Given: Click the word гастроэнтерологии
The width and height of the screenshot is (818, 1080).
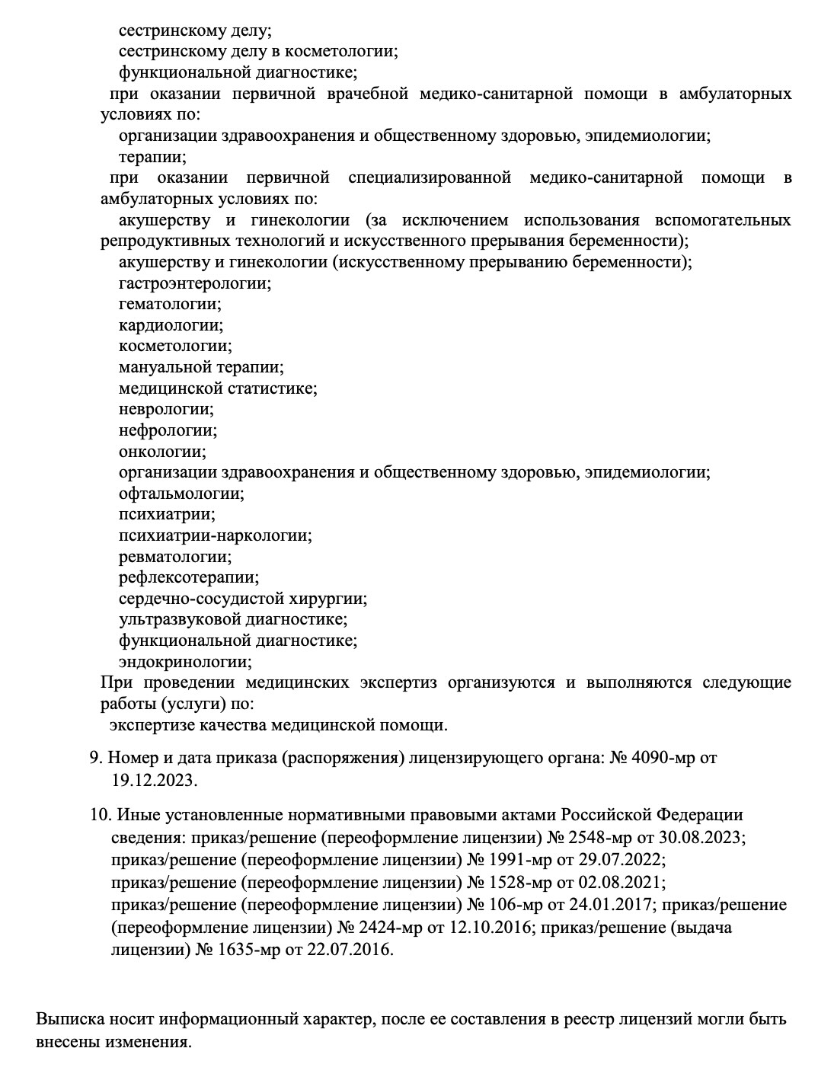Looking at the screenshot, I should click(x=194, y=283).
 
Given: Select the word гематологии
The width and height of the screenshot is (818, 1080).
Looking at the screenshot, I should click(x=169, y=305).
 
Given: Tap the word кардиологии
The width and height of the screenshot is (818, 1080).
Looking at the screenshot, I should click(x=171, y=325).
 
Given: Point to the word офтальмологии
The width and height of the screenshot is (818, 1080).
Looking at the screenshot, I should click(x=181, y=494).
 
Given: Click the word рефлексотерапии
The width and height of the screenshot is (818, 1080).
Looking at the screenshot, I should click(x=188, y=577).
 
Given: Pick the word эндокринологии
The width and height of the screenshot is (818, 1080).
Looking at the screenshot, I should click(x=185, y=662).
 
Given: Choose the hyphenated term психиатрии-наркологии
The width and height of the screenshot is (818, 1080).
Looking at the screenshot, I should click(x=215, y=535).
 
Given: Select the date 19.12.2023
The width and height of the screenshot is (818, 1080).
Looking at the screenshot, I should click(x=153, y=781).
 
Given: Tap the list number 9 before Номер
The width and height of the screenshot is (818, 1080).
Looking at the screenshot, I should click(x=95, y=758).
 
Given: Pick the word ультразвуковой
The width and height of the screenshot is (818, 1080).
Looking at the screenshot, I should click(x=174, y=620).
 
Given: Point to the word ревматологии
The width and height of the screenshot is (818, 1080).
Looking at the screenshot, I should click(x=174, y=557).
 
